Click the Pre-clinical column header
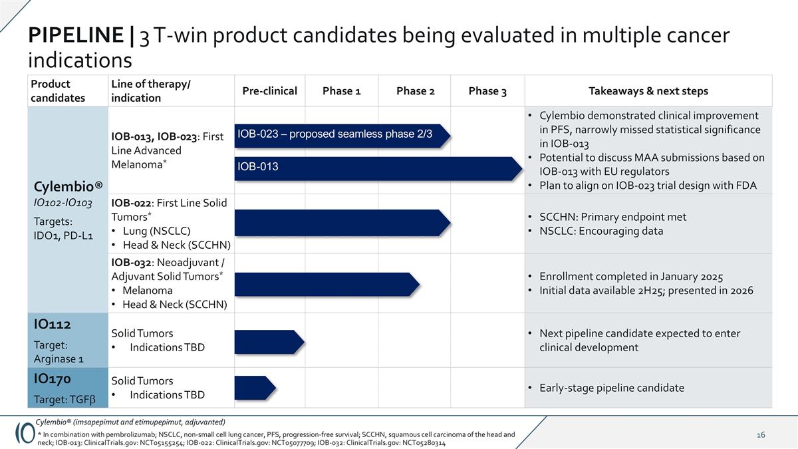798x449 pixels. [269, 91]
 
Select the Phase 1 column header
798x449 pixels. [341, 91]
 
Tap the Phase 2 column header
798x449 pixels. [415, 91]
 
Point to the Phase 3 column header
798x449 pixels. [487, 91]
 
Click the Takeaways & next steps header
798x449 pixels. [648, 91]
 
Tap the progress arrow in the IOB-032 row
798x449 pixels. [327, 283]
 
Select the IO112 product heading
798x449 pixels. [53, 325]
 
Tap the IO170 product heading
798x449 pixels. [53, 378]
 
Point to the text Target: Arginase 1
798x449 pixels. [58, 352]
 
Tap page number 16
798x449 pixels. [761, 435]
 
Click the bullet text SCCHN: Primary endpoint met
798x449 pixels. [612, 217]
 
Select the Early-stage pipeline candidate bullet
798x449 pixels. [611, 388]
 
